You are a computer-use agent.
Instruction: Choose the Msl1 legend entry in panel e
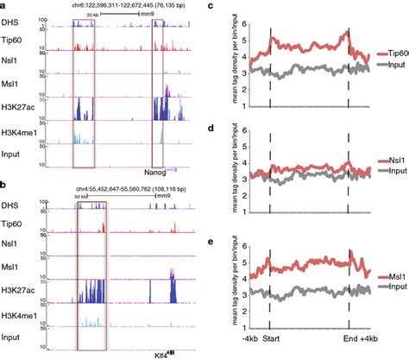point(390,276)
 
